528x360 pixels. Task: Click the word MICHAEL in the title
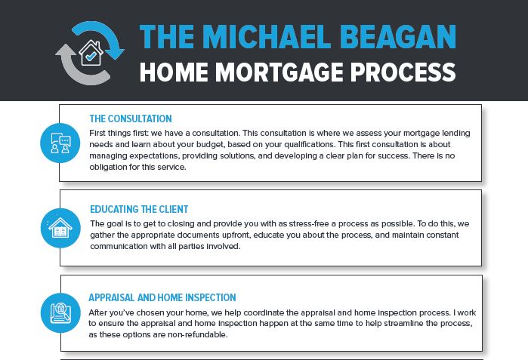(267, 37)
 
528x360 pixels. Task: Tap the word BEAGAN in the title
(398, 37)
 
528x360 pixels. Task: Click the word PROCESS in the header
(403, 72)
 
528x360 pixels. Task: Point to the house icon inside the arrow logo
(91, 53)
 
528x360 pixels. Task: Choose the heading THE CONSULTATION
(131, 118)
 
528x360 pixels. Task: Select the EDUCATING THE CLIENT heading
(139, 209)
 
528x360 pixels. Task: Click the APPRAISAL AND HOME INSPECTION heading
(162, 298)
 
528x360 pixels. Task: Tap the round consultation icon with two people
(60, 143)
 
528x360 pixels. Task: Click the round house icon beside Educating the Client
(60, 228)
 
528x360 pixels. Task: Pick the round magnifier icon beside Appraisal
(60, 313)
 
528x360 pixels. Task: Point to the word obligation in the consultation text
(108, 168)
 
